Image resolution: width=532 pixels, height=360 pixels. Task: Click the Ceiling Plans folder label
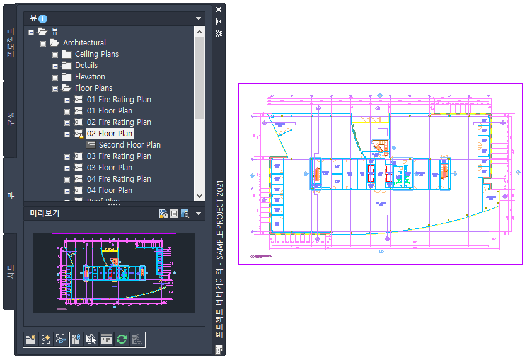(96, 54)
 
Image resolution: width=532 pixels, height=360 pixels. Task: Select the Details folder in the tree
(86, 66)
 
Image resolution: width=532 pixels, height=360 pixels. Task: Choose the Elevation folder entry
(90, 77)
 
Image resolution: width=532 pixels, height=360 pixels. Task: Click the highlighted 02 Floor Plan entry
(110, 134)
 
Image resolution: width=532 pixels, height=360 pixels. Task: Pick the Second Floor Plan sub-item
(129, 145)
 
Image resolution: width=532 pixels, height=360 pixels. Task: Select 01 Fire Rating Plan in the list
(119, 100)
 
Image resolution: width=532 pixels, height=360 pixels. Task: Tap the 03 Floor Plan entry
(110, 168)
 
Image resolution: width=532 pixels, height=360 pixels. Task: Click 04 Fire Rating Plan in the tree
(119, 179)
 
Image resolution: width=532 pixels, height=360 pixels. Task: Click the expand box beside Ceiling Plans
(55, 54)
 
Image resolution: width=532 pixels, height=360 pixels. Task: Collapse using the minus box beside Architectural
(43, 43)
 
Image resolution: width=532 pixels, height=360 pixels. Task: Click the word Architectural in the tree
(84, 43)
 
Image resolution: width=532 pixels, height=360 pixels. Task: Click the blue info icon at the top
(43, 19)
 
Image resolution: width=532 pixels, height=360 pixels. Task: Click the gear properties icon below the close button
(219, 33)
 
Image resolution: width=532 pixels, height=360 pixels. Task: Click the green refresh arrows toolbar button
(122, 339)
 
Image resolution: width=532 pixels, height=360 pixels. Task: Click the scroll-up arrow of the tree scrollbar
(199, 32)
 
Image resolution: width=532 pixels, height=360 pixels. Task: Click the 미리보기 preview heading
(45, 213)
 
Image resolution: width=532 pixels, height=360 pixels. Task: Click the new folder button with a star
(30, 339)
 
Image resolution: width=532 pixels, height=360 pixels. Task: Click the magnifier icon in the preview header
(185, 214)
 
